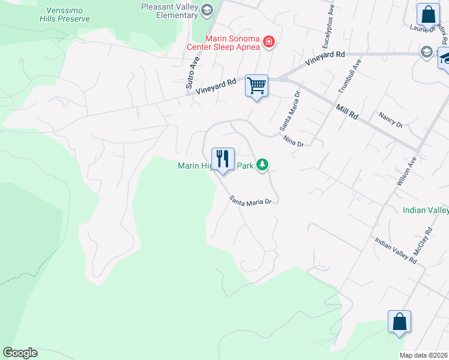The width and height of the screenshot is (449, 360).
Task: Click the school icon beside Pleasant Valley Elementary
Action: point(207,9)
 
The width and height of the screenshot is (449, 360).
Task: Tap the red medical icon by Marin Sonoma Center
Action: point(269,42)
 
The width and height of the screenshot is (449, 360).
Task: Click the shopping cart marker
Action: point(256,86)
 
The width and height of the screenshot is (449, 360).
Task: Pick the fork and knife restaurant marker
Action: point(223,159)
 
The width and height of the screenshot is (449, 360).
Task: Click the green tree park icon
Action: point(262,164)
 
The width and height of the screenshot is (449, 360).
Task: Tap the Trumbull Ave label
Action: point(350,76)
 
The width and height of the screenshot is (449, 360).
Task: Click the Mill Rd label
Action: point(347,111)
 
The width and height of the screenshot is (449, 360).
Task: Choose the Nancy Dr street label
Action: point(390,119)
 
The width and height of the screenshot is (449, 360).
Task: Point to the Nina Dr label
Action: point(294,141)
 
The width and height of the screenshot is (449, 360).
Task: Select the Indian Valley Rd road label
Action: point(396,250)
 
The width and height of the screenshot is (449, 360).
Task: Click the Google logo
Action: point(20,353)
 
